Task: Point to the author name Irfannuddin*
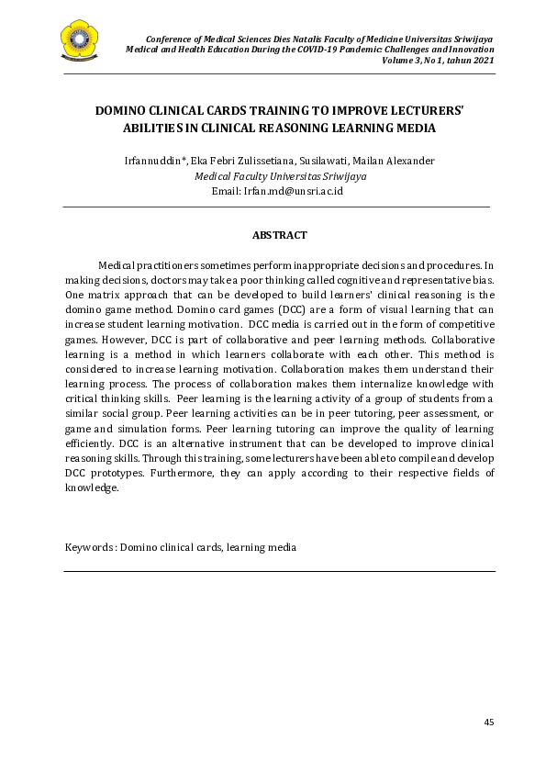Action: coord(155,161)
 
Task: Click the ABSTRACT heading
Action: coord(279,235)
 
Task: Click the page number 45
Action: coord(488,723)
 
